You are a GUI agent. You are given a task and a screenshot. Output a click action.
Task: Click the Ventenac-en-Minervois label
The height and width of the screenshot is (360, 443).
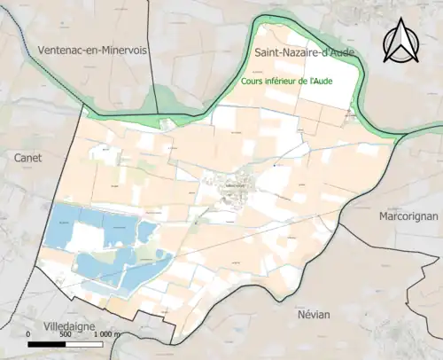[92, 50]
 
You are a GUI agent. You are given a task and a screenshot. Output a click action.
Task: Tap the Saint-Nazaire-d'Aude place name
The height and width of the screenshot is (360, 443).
[304, 53]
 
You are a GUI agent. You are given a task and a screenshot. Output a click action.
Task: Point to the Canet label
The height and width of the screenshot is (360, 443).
[28, 157]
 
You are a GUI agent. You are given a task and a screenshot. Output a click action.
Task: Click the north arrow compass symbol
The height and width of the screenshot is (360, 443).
[401, 43]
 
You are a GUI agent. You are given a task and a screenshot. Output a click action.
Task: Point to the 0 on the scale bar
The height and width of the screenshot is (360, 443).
[29, 334]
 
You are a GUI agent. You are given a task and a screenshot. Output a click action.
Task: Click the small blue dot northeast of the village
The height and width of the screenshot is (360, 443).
[276, 165]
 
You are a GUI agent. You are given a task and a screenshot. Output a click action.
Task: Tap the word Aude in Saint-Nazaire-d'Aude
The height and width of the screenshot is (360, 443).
[339, 53]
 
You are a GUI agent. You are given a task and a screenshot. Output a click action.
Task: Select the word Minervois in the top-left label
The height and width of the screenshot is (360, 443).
[123, 50]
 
